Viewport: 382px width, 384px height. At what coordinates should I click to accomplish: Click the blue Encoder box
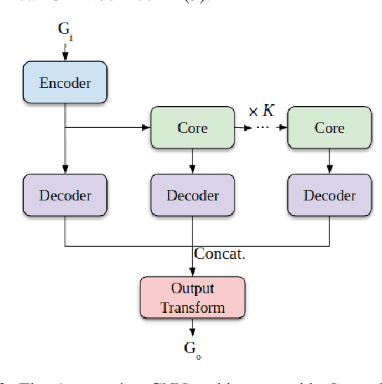pos(65,83)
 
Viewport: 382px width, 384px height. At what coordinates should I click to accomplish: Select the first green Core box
pos(192,128)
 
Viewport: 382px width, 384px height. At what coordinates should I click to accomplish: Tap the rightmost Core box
pos(329,128)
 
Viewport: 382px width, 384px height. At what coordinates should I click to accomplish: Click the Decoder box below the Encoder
pos(65,195)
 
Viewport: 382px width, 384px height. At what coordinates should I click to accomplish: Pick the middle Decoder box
pos(192,195)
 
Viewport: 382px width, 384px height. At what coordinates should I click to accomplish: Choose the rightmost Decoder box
pos(329,195)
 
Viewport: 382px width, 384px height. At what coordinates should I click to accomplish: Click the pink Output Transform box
pos(192,297)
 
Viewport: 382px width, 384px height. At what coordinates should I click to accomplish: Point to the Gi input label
pos(65,31)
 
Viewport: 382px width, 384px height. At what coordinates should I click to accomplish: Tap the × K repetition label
pos(261,110)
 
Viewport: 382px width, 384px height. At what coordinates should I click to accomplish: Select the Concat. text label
pos(220,254)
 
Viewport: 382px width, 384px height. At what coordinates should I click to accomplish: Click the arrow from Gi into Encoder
pos(65,52)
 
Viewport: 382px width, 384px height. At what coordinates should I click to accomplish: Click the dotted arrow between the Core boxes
pos(261,128)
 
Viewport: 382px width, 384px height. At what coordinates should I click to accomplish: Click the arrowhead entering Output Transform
pos(192,272)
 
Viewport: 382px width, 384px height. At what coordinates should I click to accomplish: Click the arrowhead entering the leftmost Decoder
pos(65,169)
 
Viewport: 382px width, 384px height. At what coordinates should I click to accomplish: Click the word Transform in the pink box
pos(192,307)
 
